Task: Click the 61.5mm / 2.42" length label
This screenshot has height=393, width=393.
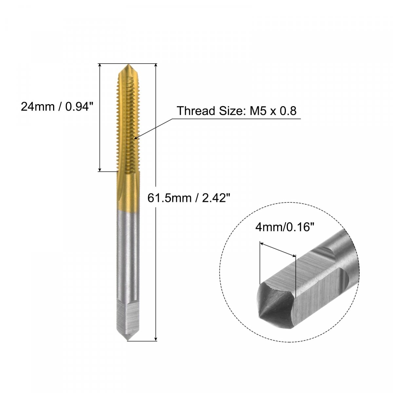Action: tap(189, 198)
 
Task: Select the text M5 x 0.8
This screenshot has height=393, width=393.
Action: tap(273, 111)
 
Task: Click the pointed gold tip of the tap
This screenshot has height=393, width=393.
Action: tap(128, 65)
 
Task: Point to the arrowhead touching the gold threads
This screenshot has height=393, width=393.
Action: tap(135, 138)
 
